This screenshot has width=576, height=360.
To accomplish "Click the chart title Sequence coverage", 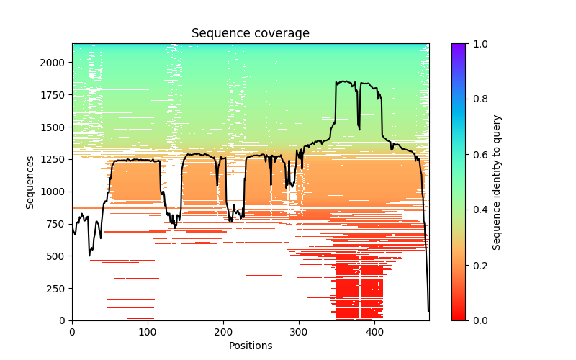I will pos(251,34).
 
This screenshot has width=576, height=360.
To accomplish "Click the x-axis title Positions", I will pos(251,346).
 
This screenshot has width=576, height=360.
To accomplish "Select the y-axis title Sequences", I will pos(30,182).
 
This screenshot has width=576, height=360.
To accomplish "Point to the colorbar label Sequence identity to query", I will pos(497,182).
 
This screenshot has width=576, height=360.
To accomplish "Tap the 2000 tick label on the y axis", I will pos(55,63).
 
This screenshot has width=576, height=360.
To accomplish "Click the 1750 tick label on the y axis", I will pos(55,95).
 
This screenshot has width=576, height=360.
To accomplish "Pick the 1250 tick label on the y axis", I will pos(55,159).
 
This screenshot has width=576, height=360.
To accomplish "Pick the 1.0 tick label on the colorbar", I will pos(477,44).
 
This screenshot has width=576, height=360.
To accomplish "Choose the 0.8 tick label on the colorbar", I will pos(477,99).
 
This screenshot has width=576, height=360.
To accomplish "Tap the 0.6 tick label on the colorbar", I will pos(477,155).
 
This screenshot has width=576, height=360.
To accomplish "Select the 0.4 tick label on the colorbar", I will pos(477,210).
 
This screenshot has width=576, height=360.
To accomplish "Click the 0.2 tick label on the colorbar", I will pos(477,266).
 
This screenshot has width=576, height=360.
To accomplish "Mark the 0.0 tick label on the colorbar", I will pos(477,320).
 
